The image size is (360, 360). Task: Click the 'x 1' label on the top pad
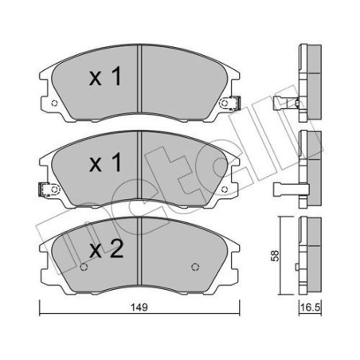click(x=104, y=78)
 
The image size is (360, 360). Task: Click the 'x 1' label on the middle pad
click(x=104, y=165)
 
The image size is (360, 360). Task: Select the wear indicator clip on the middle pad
click(x=44, y=189)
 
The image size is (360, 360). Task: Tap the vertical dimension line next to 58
click(x=283, y=254)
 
